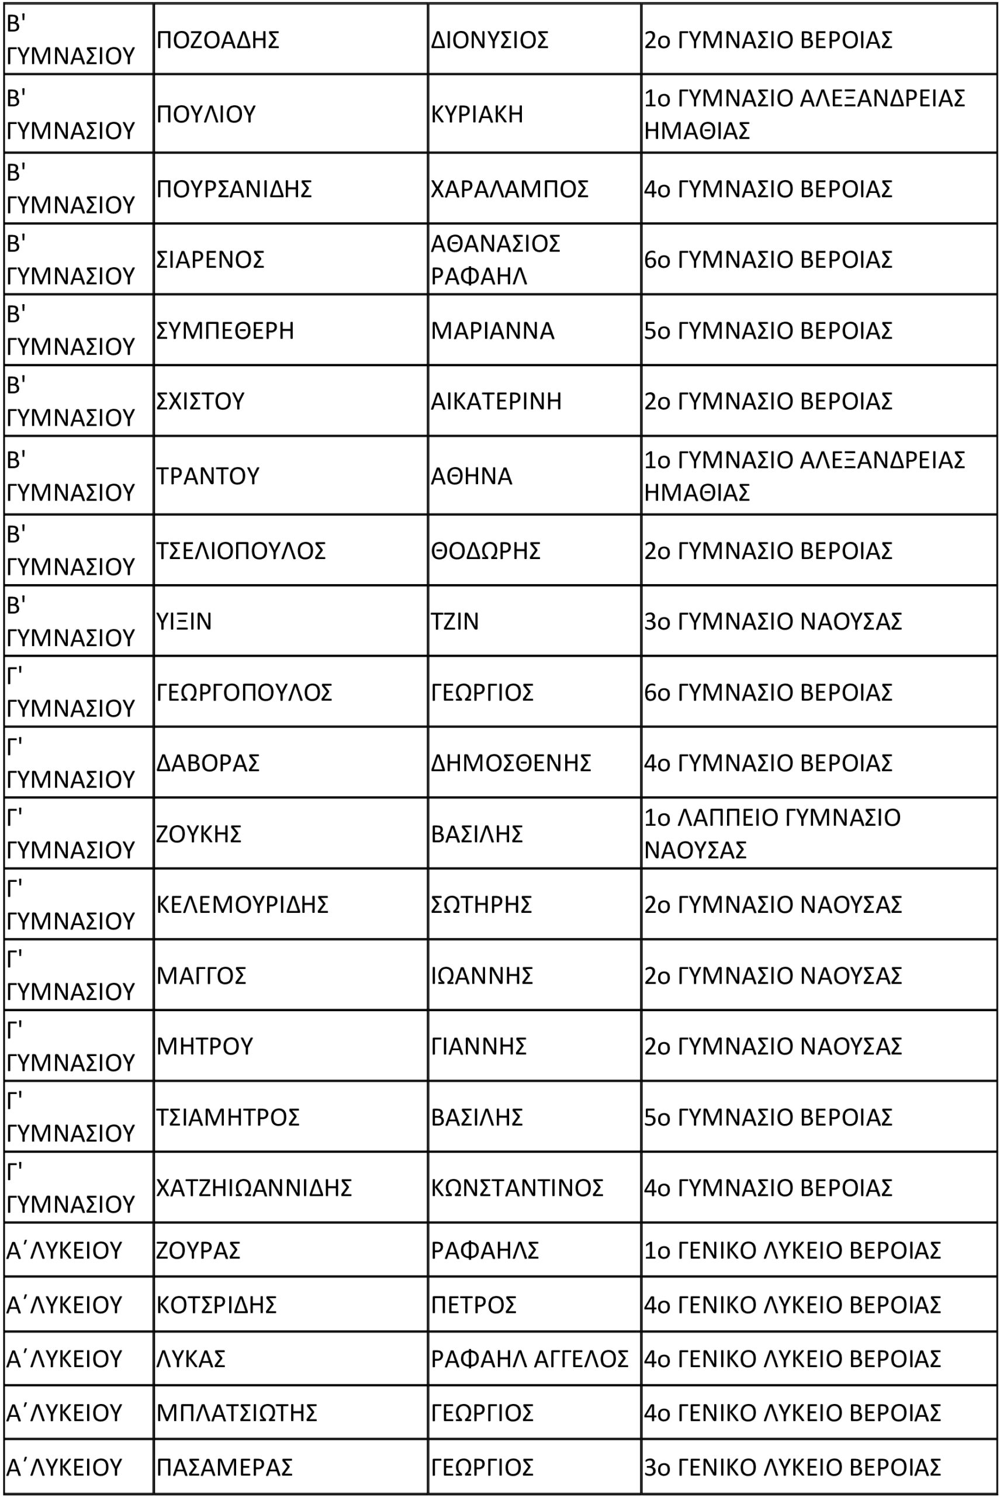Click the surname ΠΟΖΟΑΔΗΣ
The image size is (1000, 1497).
click(218, 40)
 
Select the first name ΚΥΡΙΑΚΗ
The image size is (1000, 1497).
click(477, 114)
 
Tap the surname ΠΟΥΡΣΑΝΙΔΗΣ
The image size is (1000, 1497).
click(234, 189)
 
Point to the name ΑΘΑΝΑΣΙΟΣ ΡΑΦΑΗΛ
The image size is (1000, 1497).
click(496, 260)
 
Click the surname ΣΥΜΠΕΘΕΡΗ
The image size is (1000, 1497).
click(225, 330)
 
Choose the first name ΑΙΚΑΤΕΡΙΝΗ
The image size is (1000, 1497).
click(496, 401)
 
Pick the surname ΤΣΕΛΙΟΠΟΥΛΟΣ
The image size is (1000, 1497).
click(241, 551)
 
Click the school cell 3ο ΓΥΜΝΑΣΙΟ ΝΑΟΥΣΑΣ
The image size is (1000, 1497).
click(773, 622)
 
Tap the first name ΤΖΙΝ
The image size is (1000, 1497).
click(455, 622)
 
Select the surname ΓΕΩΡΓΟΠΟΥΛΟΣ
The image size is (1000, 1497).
click(244, 692)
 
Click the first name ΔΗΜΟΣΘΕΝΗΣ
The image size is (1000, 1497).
click(511, 763)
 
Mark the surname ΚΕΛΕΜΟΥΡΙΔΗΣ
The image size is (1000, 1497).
click(243, 905)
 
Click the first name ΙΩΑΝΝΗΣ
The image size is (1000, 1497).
click(482, 975)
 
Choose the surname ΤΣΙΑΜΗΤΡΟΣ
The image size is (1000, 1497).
click(228, 1117)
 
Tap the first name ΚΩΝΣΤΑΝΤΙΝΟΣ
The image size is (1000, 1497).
click(517, 1188)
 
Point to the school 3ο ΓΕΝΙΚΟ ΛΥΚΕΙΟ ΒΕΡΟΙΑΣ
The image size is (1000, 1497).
click(792, 1467)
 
